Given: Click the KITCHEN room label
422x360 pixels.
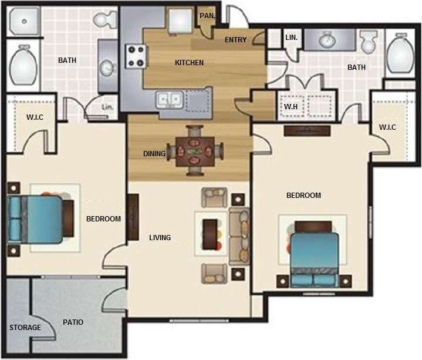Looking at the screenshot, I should [x=189, y=63].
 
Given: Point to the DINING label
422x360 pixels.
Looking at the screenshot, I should [x=154, y=154].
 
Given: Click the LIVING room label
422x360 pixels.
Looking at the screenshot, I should [x=160, y=238].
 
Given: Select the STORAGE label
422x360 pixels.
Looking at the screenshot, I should [x=25, y=327].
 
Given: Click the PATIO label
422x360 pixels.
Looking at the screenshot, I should [x=73, y=322].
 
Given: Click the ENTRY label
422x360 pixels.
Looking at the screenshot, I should [x=235, y=40].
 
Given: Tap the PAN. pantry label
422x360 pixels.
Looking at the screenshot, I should [x=207, y=16].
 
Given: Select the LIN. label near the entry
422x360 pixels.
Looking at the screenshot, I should [x=292, y=37].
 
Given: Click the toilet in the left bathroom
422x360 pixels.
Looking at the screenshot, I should [x=105, y=21].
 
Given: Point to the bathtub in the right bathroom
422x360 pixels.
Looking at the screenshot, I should [x=401, y=54].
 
